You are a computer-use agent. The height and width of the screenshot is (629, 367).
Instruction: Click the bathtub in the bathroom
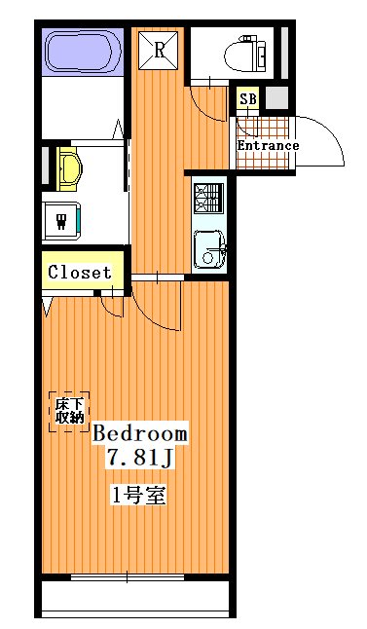[x=84, y=52]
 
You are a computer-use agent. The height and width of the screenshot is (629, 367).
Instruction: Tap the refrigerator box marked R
[x=158, y=50]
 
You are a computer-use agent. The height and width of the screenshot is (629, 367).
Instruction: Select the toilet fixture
[x=245, y=55]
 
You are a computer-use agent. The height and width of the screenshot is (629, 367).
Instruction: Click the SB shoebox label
[x=248, y=98]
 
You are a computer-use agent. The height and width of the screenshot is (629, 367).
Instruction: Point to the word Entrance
[x=268, y=145]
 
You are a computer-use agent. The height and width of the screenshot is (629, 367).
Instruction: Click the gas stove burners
[x=208, y=199]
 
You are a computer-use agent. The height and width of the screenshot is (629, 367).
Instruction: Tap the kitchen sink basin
[x=208, y=249]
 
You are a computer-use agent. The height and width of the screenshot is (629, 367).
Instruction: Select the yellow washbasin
[x=69, y=168]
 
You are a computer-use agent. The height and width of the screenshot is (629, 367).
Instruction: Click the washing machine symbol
[x=61, y=221]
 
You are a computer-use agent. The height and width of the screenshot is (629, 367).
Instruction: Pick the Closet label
[x=79, y=273]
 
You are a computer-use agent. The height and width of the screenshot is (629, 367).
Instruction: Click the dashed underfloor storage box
[x=69, y=412]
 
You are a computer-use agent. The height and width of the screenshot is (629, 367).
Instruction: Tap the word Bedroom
[x=140, y=433]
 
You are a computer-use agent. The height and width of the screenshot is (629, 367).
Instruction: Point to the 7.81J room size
[x=139, y=458]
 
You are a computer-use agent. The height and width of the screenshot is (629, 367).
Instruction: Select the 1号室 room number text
[x=138, y=497]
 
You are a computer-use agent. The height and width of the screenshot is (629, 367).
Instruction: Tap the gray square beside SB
[x=276, y=97]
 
